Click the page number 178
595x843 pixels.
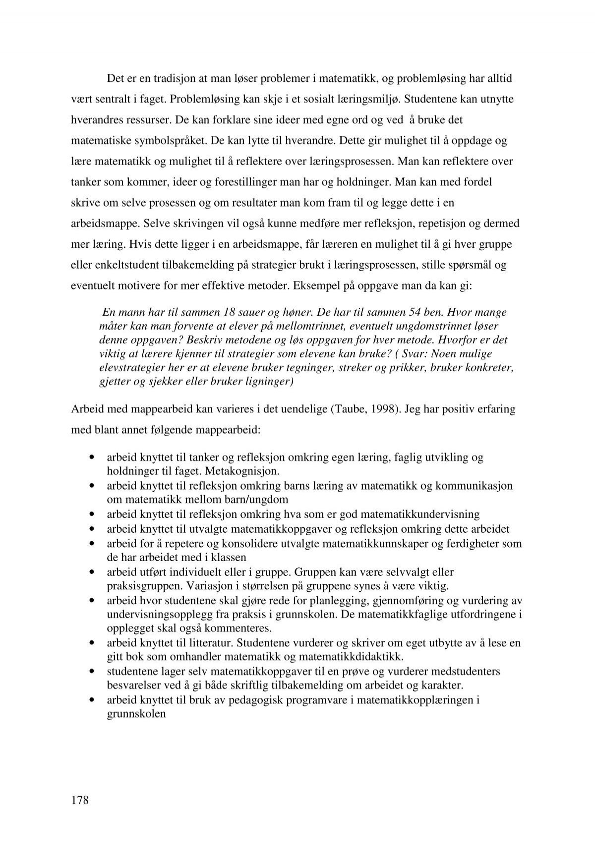tap(79, 800)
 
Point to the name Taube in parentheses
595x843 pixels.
tap(344, 409)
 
